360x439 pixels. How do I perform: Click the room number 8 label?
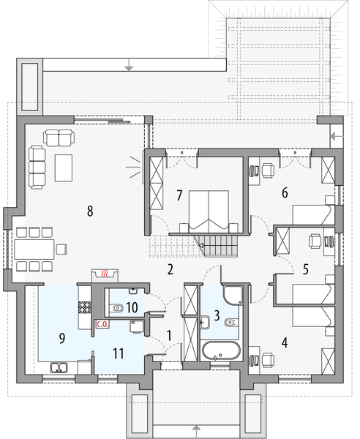point(89,211)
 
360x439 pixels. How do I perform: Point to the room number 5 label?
point(306,268)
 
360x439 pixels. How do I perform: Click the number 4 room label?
point(285,341)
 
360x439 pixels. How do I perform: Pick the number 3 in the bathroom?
point(217,317)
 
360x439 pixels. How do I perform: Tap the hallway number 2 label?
point(170,269)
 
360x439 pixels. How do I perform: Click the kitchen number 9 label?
point(62,338)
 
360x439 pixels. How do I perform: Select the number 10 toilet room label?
point(132,308)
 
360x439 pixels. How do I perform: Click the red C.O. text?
point(102,323)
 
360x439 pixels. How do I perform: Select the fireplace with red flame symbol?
point(107,274)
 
